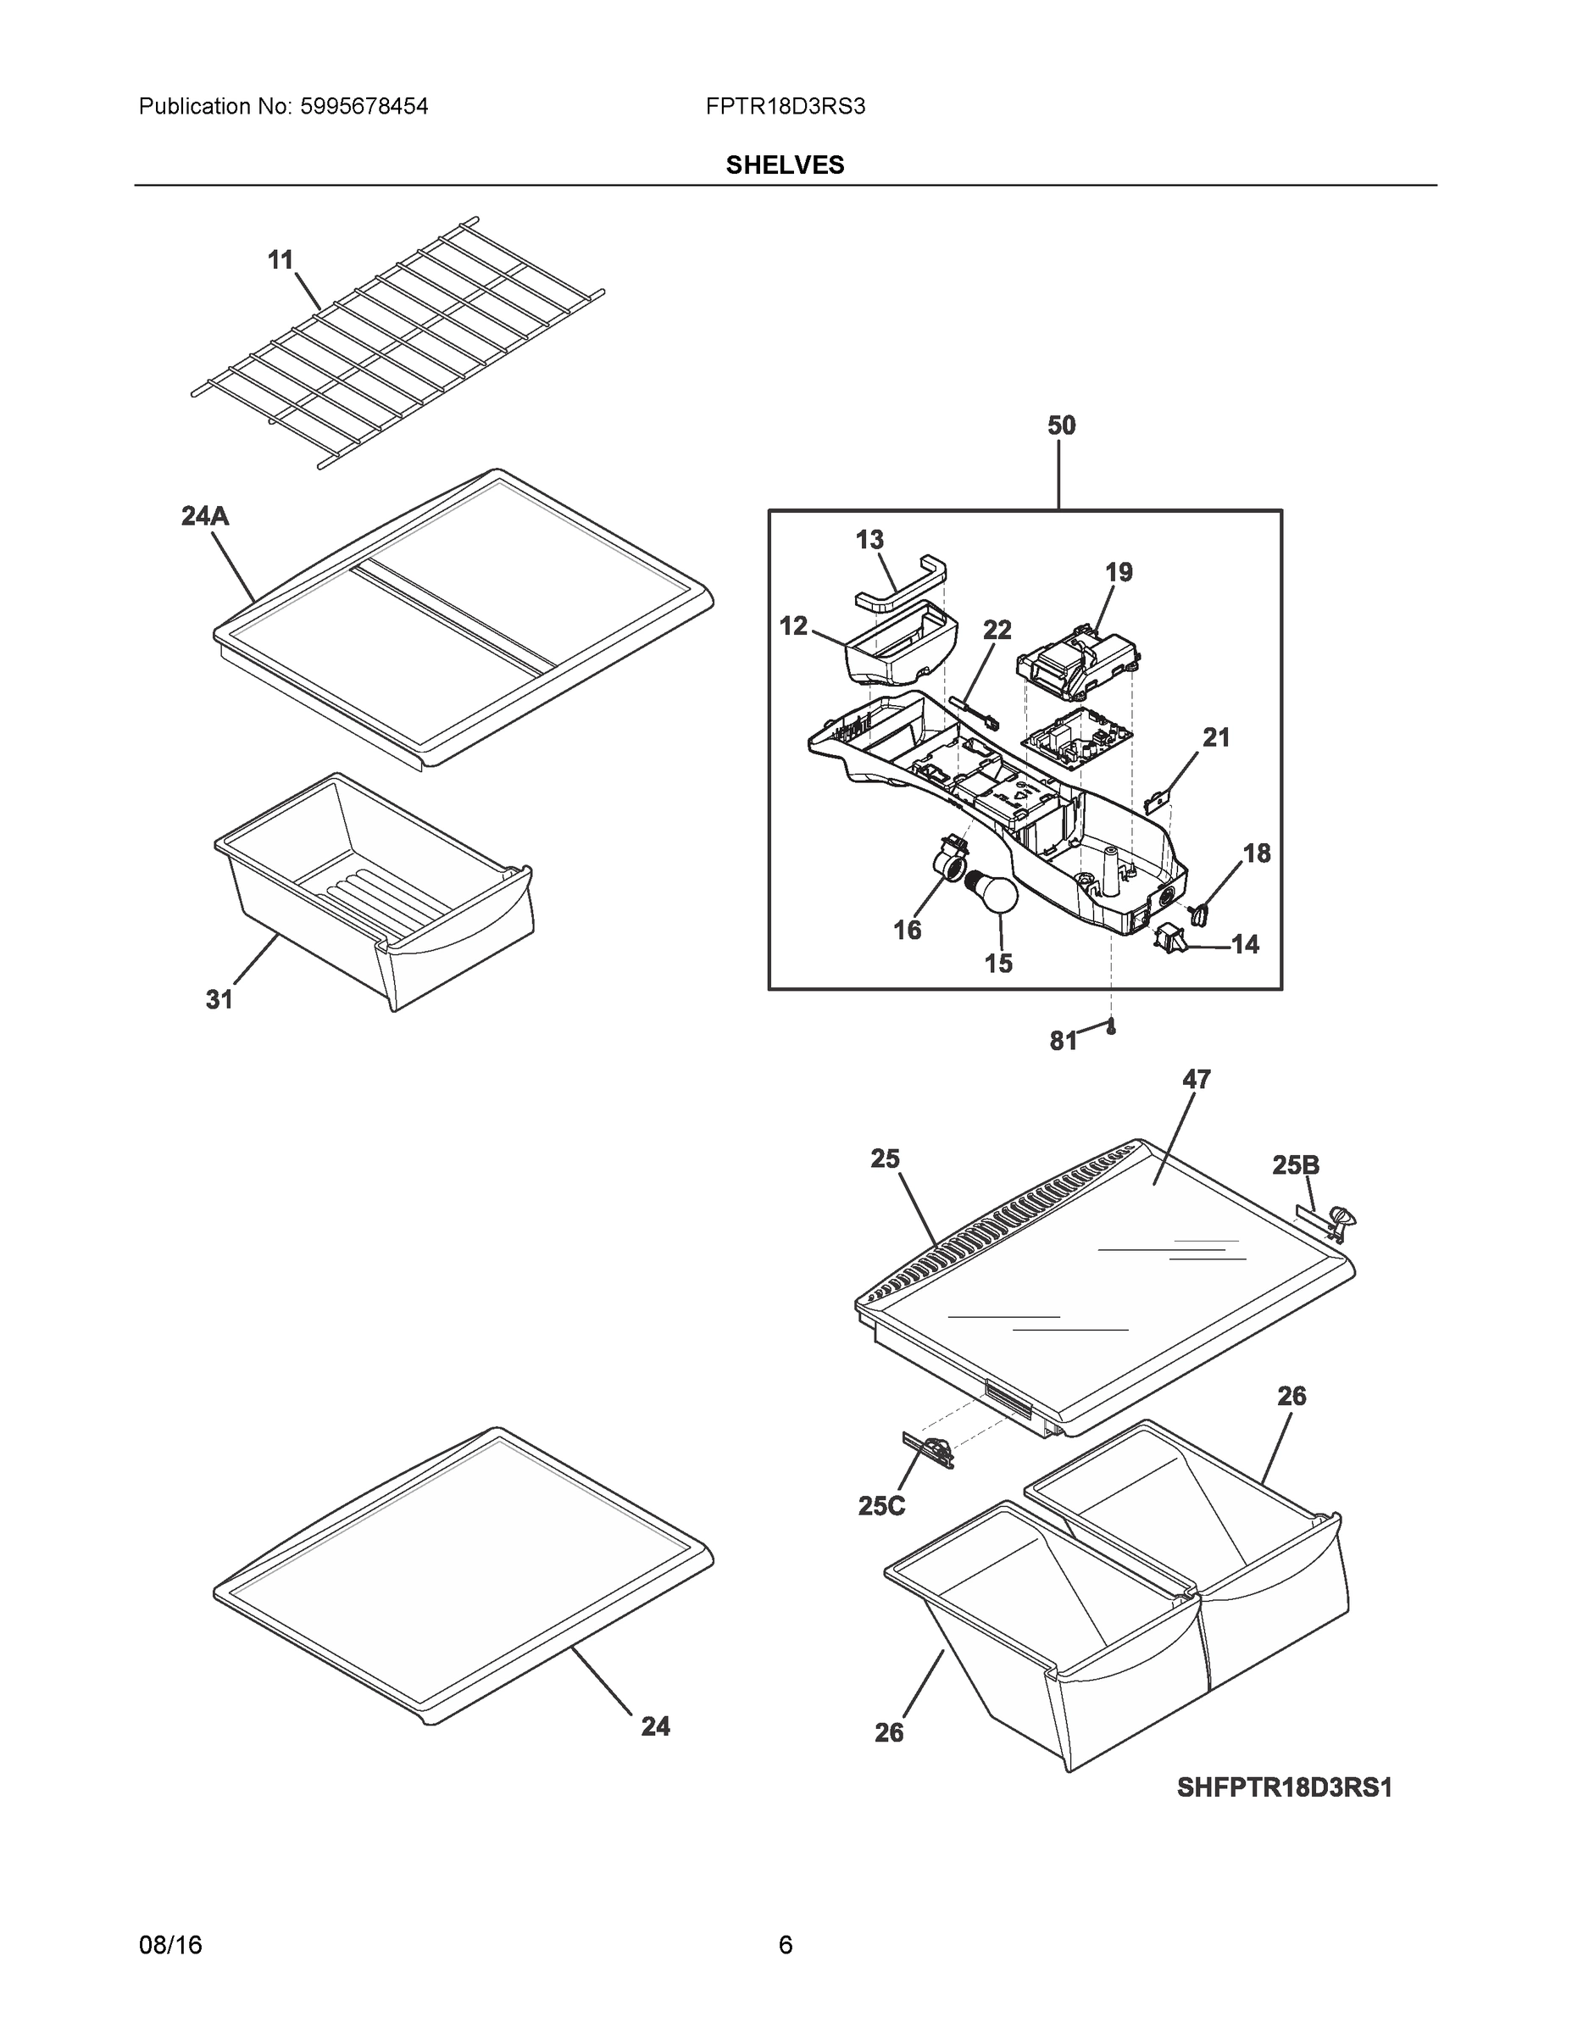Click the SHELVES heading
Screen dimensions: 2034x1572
coord(784,165)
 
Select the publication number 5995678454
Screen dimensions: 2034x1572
coord(364,107)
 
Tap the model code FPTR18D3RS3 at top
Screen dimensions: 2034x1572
coord(785,107)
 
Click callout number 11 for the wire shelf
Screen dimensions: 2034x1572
coord(281,261)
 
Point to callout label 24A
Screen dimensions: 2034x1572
coord(205,516)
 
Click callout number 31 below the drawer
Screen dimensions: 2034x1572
coord(219,1000)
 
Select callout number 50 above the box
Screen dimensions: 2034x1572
coord(1061,425)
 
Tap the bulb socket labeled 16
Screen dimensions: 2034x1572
coord(947,856)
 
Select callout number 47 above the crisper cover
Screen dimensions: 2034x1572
coord(1196,1080)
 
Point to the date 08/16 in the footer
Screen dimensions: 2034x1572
coord(170,1945)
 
